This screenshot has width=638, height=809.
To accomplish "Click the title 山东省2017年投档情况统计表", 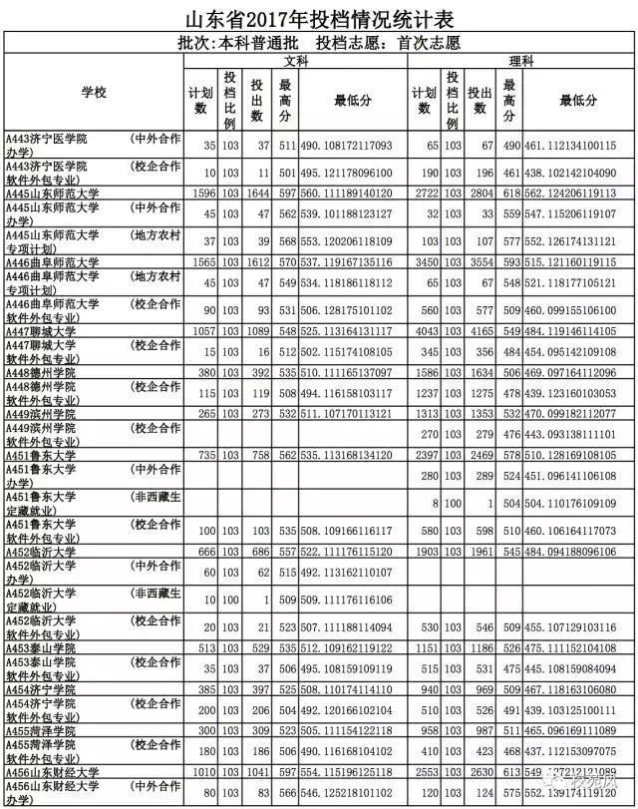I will (x=320, y=19).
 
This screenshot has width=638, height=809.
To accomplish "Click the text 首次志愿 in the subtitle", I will (x=428, y=43).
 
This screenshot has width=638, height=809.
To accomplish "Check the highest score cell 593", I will (x=512, y=262).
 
